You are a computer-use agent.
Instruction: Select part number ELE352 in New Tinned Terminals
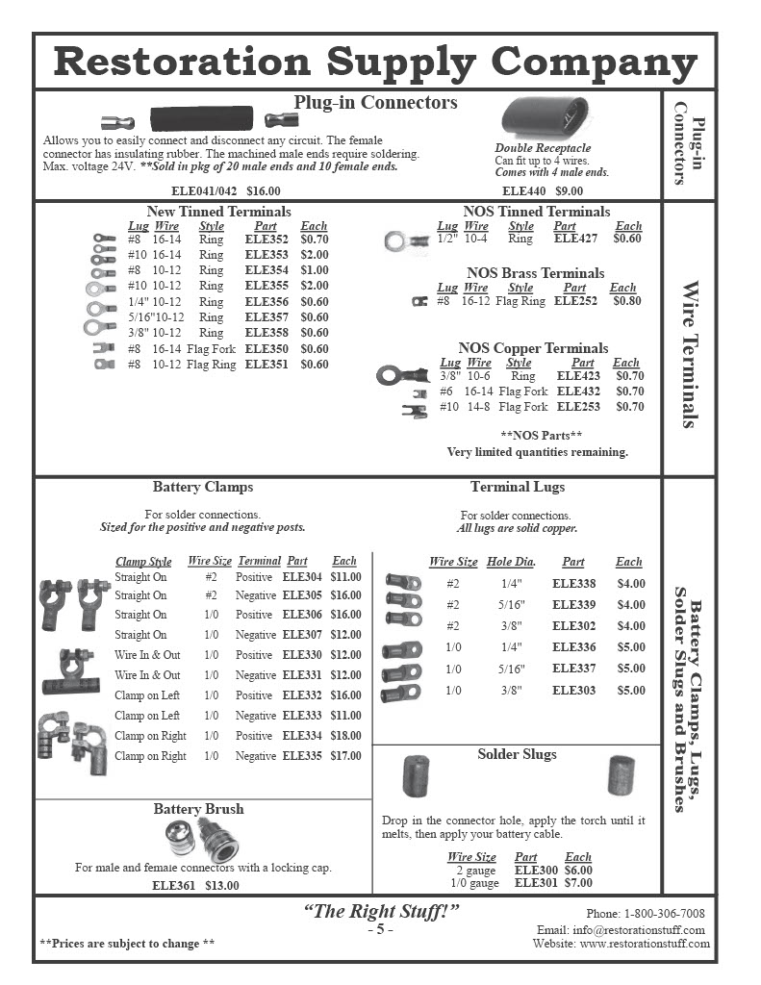tap(266, 240)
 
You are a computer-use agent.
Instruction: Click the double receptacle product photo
tap(541, 118)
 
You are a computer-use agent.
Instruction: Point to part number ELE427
tap(576, 239)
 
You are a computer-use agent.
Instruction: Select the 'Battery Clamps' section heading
tap(203, 487)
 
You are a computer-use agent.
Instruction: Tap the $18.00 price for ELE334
tap(345, 736)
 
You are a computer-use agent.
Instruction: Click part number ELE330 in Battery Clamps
tap(302, 655)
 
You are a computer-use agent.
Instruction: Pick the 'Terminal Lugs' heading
tap(518, 487)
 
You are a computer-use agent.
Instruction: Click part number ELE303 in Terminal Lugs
tap(573, 691)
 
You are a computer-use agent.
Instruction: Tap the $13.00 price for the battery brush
tap(222, 885)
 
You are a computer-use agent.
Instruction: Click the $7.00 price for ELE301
tap(578, 882)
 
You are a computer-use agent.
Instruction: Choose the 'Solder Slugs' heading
tap(517, 754)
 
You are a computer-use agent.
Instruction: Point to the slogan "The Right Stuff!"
tap(381, 912)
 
